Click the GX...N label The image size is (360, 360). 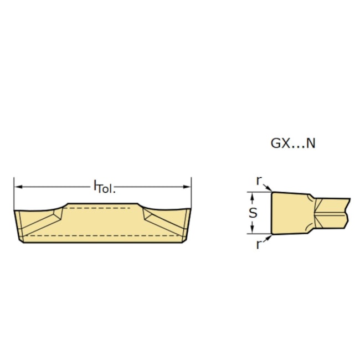(x=293, y=143)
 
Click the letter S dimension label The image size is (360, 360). (x=253, y=213)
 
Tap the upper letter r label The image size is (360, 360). (x=259, y=181)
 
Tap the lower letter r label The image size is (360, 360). (x=259, y=244)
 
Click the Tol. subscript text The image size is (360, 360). (x=106, y=189)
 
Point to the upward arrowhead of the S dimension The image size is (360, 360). (x=253, y=196)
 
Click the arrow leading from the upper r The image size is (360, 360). (x=266, y=188)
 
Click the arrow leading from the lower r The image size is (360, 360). (x=266, y=238)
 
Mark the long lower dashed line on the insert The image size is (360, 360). (x=102, y=235)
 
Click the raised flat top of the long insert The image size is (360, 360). (x=102, y=204)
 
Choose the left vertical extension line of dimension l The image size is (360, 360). (x=14, y=194)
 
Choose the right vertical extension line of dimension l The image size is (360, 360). (x=191, y=194)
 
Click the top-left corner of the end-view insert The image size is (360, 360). (x=272, y=193)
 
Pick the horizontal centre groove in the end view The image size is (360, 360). (x=332, y=212)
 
